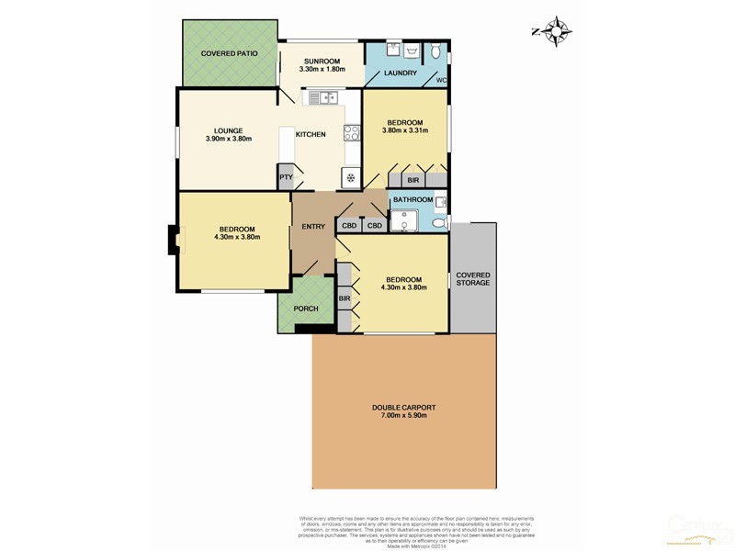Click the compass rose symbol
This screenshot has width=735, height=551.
[x=556, y=32]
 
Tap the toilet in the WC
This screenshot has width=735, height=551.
[x=438, y=50]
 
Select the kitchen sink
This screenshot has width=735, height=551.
[x=323, y=96]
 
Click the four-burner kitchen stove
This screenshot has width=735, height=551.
[x=352, y=133]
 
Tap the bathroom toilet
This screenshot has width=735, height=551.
[x=439, y=222]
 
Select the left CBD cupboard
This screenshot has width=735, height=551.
[x=349, y=226]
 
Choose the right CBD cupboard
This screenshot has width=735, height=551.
[x=375, y=226]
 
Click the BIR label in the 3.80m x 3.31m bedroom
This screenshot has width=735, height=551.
[x=413, y=180]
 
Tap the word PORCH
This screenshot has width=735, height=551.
[x=306, y=309]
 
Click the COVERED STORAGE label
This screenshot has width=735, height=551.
[x=473, y=278]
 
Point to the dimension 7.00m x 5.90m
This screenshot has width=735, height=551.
[x=403, y=417]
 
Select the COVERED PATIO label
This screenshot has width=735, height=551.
[x=230, y=54]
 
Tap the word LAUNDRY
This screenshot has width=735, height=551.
[x=401, y=73]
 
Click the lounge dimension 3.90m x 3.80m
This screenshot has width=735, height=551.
[x=228, y=140]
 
